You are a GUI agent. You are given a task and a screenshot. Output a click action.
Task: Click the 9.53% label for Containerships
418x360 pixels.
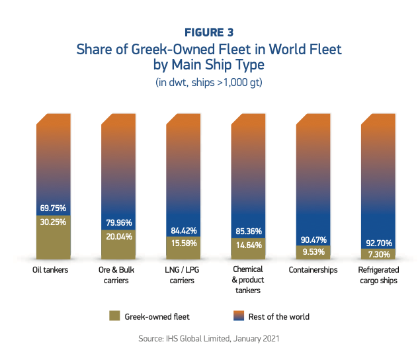point(312,252)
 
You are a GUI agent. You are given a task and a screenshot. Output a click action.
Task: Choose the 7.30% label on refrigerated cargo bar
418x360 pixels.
point(378,254)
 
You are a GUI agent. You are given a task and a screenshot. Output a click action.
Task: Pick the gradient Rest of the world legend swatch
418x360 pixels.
point(239,316)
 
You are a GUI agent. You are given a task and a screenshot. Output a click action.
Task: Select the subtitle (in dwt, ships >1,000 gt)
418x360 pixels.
point(208,83)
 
